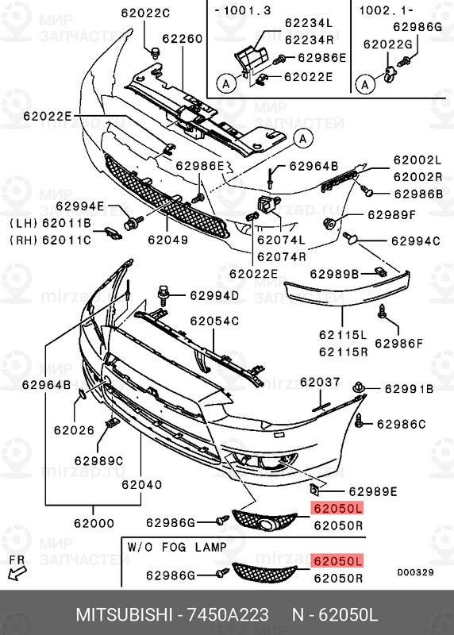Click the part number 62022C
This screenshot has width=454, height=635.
point(145,13)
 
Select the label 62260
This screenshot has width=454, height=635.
point(183,39)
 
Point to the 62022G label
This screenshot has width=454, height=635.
point(387,44)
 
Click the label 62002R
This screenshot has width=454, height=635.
point(417,177)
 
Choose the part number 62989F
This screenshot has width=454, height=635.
point(391,214)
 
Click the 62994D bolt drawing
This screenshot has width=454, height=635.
point(164,295)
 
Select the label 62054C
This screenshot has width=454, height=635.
point(214,321)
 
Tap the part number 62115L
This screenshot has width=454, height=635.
point(343,335)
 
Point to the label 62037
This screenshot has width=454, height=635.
point(320,382)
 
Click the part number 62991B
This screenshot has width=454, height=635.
point(409,389)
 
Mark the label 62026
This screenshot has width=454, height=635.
point(74,430)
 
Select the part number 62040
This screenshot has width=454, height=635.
point(142,484)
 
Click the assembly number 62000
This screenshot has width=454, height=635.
point(94,523)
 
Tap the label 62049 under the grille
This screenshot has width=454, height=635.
point(168,240)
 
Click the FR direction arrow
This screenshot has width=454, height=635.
point(17,573)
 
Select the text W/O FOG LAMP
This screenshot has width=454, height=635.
point(177,547)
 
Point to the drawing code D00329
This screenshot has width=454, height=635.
point(416,572)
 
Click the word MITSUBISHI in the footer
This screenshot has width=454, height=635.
point(125,614)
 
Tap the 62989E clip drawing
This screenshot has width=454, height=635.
point(314,489)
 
